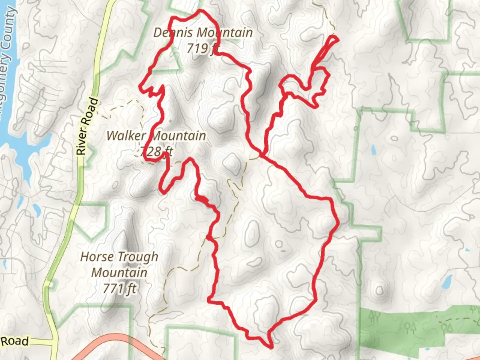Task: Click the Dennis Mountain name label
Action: [x=203, y=33]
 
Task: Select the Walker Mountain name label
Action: [x=156, y=136]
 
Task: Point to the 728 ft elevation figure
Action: [x=157, y=152]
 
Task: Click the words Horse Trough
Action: [x=119, y=257]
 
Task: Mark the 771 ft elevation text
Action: [x=119, y=288]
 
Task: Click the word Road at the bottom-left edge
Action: [x=15, y=341]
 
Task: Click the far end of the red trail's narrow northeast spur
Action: [x=337, y=39]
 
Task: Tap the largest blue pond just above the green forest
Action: [x=447, y=282]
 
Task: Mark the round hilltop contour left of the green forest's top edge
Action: [x=380, y=291]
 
